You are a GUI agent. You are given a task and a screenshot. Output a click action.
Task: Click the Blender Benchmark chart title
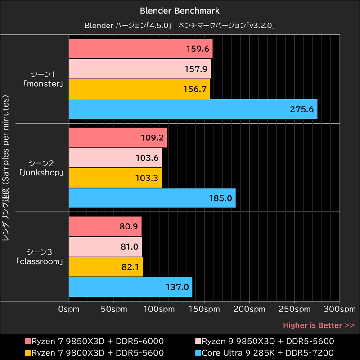[x=180, y=10]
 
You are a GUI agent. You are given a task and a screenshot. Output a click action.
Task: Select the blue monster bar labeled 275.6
[x=193, y=109]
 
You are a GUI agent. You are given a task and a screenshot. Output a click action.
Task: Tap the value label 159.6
[x=198, y=49]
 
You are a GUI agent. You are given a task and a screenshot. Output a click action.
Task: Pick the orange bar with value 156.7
[x=139, y=89]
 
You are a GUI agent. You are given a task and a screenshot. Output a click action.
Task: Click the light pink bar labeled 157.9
[x=140, y=69]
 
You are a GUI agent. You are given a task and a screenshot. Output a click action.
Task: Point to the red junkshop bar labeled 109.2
[x=118, y=138]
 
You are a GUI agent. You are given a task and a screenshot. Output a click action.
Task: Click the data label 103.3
[x=147, y=178]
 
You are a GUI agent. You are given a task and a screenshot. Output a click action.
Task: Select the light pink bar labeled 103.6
[x=115, y=158]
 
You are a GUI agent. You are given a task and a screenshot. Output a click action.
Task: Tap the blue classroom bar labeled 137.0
[x=130, y=287]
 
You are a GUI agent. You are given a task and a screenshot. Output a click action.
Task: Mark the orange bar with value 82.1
[x=106, y=267]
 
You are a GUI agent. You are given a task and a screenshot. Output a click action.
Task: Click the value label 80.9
[x=128, y=227]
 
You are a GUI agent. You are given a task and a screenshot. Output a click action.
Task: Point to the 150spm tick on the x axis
[x=204, y=310]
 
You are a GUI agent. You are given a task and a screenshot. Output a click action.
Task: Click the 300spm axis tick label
[x=340, y=310]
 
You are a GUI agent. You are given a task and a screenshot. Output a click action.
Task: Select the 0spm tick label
[x=69, y=310]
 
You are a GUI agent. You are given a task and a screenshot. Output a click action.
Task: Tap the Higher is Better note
[x=319, y=325]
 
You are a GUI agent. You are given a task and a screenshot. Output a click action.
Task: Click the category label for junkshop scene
[x=43, y=167]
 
